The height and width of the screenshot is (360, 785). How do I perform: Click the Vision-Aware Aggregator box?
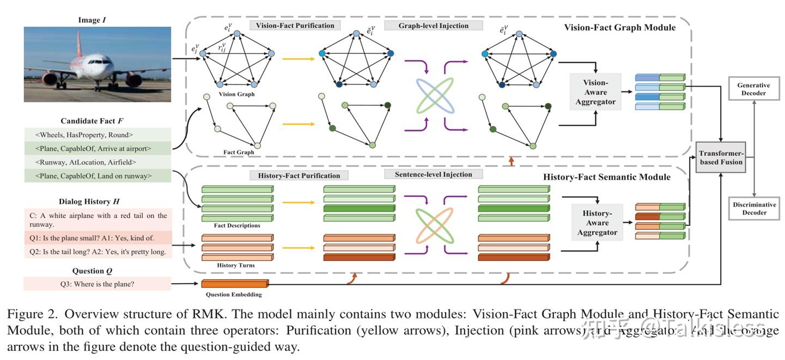pos(595,92)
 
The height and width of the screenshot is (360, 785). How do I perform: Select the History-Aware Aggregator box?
pos(597,223)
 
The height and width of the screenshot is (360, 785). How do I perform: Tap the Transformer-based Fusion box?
pos(721,157)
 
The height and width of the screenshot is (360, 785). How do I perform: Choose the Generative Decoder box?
pos(753,89)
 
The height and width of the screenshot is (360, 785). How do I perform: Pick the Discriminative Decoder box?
pos(753,209)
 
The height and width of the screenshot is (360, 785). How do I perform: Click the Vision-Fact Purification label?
pos(295,25)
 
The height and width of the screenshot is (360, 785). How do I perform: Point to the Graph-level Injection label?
pos(433,25)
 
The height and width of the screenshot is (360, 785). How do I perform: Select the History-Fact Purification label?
pos(299,175)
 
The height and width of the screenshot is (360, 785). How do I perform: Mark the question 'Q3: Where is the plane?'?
pos(98,283)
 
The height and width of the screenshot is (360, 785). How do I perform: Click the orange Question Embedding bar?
pos(234,284)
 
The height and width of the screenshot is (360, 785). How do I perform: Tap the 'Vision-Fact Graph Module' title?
pos(619,27)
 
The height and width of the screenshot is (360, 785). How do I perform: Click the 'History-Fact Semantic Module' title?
pos(607,177)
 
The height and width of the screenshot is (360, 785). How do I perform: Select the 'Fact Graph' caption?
pos(239,152)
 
